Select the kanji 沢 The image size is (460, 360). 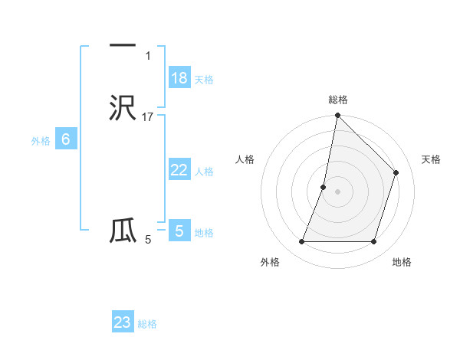[x=123, y=108]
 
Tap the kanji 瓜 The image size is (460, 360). [x=123, y=231]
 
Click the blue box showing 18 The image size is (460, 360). [x=179, y=78]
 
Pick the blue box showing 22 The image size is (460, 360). [x=179, y=170]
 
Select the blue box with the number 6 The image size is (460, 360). [x=66, y=139]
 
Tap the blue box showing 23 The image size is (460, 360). [x=123, y=322]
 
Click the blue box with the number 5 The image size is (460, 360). [x=179, y=231]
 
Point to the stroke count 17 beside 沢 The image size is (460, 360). [x=148, y=117]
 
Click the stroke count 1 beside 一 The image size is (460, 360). [x=148, y=56]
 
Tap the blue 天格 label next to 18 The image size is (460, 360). [x=204, y=80]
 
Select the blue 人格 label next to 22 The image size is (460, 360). [x=204, y=172]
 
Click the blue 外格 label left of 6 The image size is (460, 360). [x=41, y=141]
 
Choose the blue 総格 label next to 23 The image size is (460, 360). [x=147, y=324]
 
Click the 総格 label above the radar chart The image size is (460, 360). [x=338, y=100]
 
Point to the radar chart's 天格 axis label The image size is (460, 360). [x=431, y=159]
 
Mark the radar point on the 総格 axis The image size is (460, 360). [x=337, y=116]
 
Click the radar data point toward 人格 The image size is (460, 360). [x=324, y=187]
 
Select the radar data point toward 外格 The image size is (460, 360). [x=301, y=242]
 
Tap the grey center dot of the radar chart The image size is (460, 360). [x=337, y=191]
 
